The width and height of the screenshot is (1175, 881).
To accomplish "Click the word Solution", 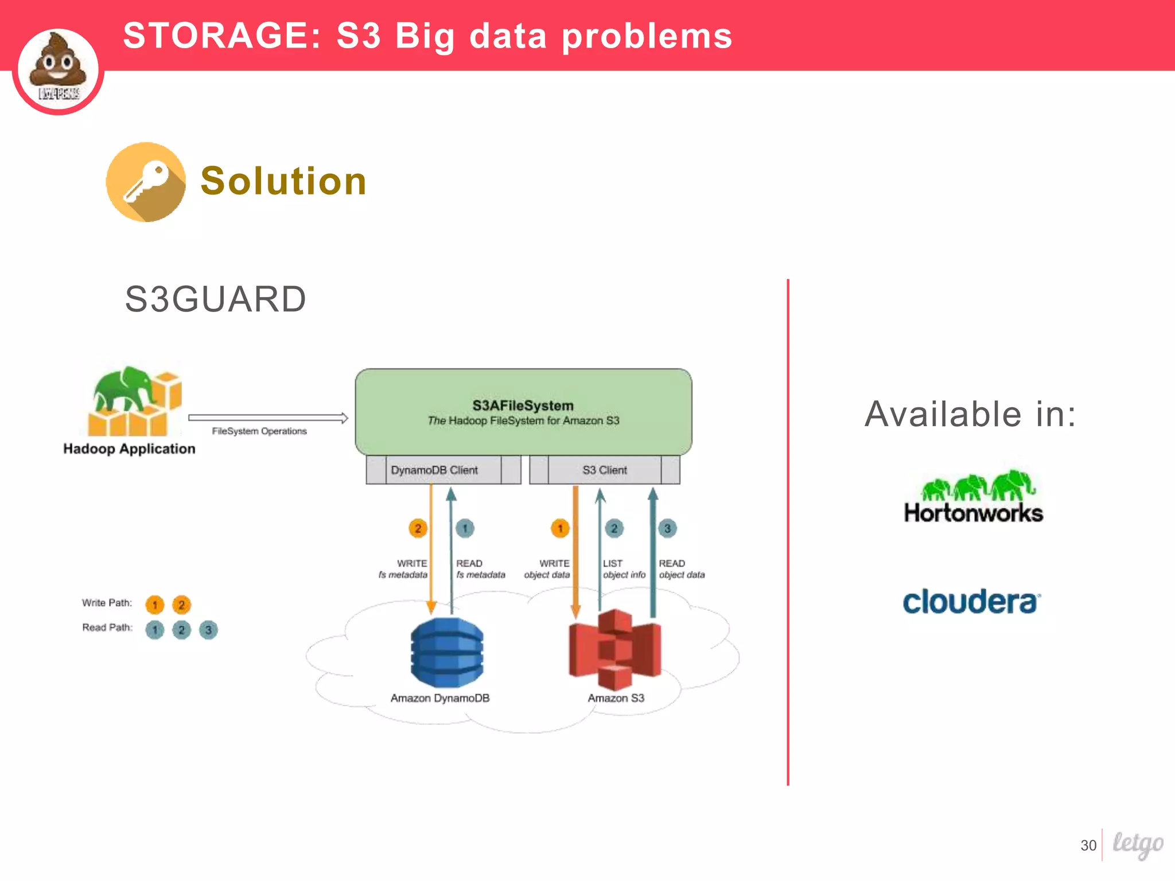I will pos(283,181).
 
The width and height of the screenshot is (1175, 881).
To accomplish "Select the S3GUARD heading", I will pos(215,299).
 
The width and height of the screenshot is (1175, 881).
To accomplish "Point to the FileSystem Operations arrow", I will pos(268,418).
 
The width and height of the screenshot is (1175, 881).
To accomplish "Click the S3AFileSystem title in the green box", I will pos(523,406).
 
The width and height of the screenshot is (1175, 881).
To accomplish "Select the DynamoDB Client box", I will pos(434,470).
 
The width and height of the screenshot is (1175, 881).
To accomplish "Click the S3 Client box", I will pos(605,470).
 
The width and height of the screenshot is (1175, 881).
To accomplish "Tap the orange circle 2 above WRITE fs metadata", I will pos(418,528).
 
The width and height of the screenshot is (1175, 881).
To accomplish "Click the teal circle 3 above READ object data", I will pos(667,528).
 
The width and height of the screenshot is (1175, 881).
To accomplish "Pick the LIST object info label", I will pos(624,569).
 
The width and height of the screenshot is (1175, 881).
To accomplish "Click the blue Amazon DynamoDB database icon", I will pos(447,653).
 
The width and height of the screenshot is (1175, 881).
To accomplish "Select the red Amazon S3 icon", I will pos(615,650).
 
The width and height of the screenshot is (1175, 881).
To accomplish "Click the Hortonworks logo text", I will pos(973,513).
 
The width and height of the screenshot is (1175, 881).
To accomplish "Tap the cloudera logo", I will pos(971,602).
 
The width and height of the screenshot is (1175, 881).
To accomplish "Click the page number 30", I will pos(1088,845).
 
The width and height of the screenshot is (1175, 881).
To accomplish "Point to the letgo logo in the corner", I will pos(1138,844).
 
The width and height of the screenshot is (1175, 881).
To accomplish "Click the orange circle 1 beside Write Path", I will pos(155,605).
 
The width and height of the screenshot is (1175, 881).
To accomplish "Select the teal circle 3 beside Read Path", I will pos(208,630).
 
